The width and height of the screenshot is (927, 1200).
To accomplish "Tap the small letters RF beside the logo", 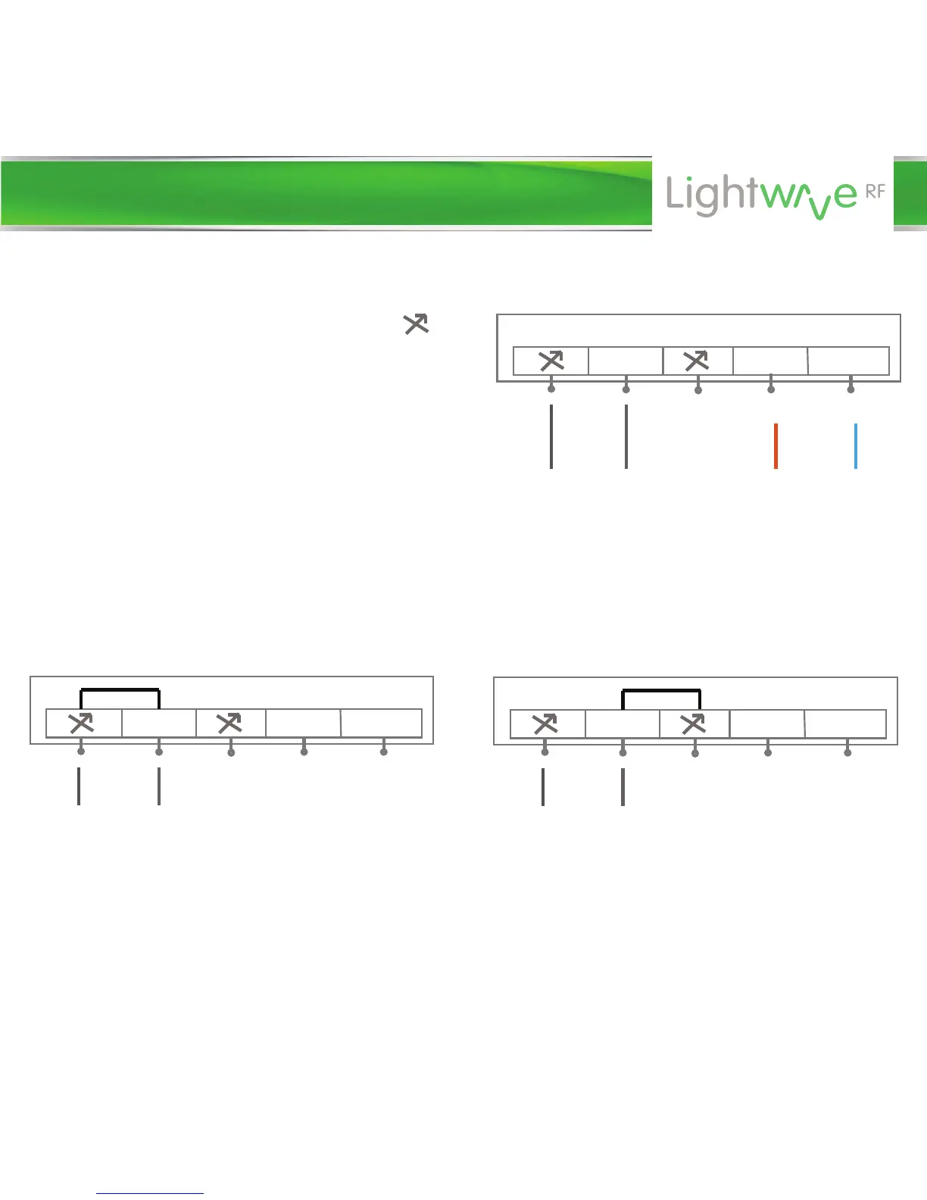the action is pos(875,192).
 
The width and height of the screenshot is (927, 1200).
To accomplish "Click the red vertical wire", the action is pos(776,446).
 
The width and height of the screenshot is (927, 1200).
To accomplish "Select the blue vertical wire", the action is pos(856,446).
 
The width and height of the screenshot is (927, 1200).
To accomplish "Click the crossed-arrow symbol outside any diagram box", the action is pos(416,324).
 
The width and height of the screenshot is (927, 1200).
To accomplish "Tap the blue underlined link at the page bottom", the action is pos(150,1193).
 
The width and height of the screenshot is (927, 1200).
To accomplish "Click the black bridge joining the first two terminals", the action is pos(120,689).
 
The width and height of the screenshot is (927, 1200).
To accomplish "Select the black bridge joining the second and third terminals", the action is pos(661,690).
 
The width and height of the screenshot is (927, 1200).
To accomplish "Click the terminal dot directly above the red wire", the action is pos(771,389).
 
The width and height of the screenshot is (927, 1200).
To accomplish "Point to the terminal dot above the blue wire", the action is pos(851,389).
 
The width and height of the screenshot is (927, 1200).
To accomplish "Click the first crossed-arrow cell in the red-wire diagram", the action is pos(551,361).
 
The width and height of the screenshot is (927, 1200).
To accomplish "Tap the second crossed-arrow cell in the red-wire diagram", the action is pos(697,361).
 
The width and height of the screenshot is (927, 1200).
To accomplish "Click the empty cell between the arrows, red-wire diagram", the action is pos(626,361).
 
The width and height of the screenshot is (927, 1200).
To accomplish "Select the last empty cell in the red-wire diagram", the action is pos(848,361).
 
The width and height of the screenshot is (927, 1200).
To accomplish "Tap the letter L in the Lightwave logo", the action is pos(676,194).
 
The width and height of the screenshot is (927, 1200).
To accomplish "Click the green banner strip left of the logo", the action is pos(326,193).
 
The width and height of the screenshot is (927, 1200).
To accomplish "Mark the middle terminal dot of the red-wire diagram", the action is pos(698,389).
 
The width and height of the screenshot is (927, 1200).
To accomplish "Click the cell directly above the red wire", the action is pos(769,361).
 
